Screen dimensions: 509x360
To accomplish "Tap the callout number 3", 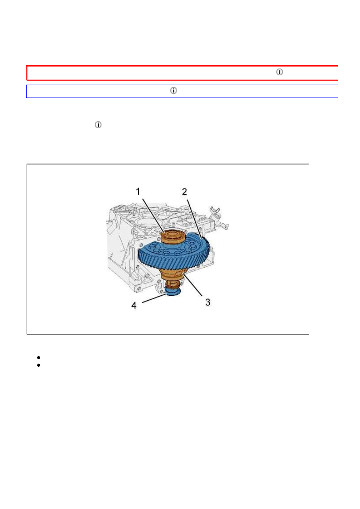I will click(x=208, y=302).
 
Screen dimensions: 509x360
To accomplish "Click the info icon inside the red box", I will click(x=279, y=72).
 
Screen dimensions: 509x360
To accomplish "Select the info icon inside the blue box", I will click(x=173, y=91).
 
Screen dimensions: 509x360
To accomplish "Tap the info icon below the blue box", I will click(x=98, y=125).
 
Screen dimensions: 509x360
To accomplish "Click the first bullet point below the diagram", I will click(x=37, y=357).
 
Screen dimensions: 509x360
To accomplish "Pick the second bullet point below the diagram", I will click(x=37, y=365).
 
